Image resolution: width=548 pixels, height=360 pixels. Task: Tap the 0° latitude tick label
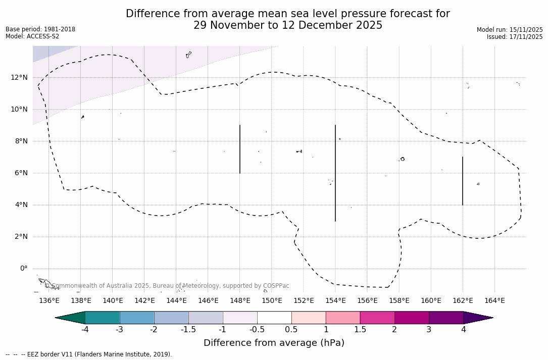23,269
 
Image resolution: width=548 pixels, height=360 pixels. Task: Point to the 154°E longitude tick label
335,301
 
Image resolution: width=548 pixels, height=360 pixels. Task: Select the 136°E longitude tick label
49,301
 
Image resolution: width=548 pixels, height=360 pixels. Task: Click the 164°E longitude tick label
494,301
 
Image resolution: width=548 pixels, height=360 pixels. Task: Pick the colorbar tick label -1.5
188,330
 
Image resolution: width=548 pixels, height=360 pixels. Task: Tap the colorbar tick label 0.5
291,330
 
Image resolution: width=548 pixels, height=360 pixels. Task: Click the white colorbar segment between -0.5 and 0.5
274,318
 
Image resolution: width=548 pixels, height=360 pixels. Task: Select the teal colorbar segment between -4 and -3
103,318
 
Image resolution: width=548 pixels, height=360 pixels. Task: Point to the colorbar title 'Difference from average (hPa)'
274,343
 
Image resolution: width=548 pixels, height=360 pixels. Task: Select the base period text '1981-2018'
59,29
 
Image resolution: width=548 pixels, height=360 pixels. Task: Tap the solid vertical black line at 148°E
240,149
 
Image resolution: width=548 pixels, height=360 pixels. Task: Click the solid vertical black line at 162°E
463,181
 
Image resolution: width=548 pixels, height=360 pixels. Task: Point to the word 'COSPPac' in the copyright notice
276,286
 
